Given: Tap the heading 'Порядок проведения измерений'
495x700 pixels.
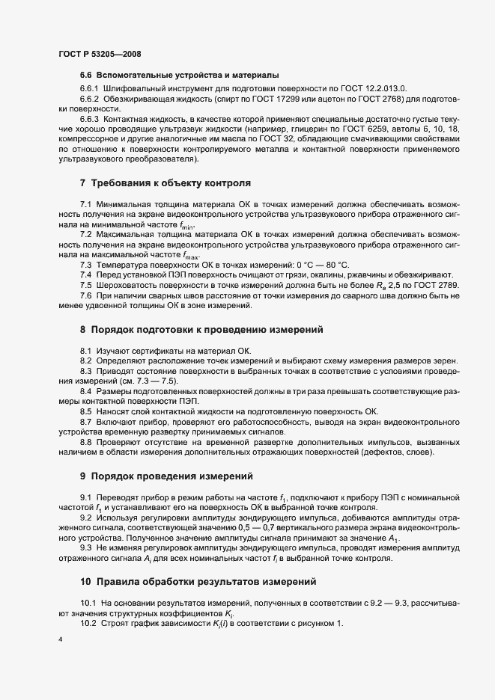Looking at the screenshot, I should tap(171, 476).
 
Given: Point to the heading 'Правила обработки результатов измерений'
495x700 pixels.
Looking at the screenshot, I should tap(204, 580).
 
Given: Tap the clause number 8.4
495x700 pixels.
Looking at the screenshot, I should tap(86, 391).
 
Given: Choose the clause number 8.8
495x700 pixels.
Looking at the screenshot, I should tap(86, 442).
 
